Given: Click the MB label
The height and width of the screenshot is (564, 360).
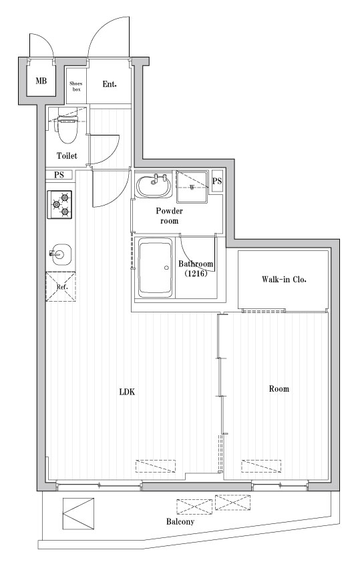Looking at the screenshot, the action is click(x=41, y=81).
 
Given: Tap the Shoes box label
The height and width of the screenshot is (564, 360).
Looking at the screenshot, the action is click(x=76, y=86).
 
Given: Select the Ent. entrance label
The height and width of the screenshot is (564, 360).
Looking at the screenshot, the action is click(x=110, y=84).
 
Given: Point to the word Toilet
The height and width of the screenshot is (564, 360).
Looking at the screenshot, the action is click(x=67, y=156).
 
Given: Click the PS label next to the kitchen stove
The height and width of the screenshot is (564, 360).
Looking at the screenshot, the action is click(x=59, y=175).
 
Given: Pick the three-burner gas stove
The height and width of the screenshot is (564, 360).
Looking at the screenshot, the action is click(x=59, y=205).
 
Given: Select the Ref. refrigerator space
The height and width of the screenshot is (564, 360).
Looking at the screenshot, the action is click(x=61, y=287).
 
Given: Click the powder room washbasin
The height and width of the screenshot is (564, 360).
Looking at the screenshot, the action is click(x=154, y=185).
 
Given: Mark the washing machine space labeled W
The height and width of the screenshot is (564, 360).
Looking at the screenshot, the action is click(x=192, y=187).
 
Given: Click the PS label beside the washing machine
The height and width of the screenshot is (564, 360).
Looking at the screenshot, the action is click(x=217, y=182).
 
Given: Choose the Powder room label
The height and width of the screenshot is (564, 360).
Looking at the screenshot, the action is click(x=169, y=216).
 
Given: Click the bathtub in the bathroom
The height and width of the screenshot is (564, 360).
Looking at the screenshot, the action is click(x=155, y=268).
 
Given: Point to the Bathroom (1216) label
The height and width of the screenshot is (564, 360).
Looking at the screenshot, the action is click(x=196, y=269).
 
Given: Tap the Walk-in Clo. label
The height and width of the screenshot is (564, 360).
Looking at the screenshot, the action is click(x=284, y=279).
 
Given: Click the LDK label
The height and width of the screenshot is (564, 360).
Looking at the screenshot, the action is click(x=127, y=392).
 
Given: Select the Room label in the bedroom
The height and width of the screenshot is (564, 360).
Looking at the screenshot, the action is click(x=279, y=389).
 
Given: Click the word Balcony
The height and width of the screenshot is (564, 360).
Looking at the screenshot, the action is click(x=180, y=521).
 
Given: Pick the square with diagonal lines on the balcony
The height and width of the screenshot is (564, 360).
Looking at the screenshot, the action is click(x=79, y=514).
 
